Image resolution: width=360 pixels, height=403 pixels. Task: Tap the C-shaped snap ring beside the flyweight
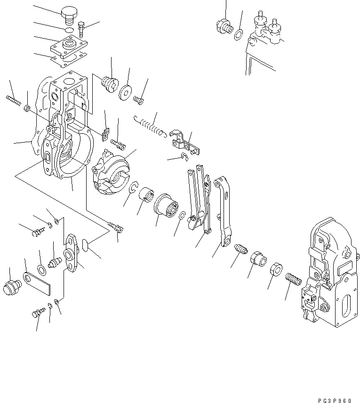pos(134,189)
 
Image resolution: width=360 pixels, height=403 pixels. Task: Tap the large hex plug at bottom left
pos(10,287)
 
